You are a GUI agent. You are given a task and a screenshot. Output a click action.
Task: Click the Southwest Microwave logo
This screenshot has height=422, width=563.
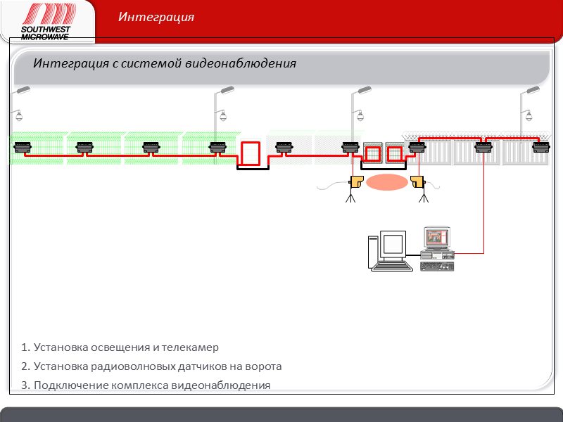click(x=48, y=22)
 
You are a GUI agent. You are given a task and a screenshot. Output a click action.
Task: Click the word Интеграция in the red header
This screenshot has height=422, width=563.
click(x=156, y=17)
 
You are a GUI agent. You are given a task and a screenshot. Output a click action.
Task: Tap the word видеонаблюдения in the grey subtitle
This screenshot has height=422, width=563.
click(x=241, y=63)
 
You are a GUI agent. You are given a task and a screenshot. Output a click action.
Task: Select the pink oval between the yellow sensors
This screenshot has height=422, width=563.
click(x=387, y=182)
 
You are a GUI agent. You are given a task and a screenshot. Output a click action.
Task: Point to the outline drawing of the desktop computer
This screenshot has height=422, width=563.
click(x=390, y=250)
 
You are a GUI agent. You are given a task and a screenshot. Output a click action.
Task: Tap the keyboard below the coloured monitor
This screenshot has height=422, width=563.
click(x=436, y=267)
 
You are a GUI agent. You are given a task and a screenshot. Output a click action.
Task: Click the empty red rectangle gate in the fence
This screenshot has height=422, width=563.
click(x=251, y=153)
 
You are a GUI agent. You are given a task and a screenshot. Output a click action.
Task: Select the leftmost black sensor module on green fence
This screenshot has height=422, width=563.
click(x=23, y=147)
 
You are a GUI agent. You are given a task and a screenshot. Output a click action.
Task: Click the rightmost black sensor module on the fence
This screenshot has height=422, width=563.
click(x=541, y=147)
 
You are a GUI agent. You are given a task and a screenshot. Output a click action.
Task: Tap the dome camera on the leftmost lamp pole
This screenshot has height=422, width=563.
click(x=19, y=115)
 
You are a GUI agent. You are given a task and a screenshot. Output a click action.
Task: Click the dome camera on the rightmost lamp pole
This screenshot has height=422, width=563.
click(x=529, y=115)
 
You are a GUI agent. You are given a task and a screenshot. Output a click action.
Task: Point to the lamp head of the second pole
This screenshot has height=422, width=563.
click(x=227, y=90)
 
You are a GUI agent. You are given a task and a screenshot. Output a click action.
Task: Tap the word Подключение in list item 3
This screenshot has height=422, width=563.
click(x=71, y=385)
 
